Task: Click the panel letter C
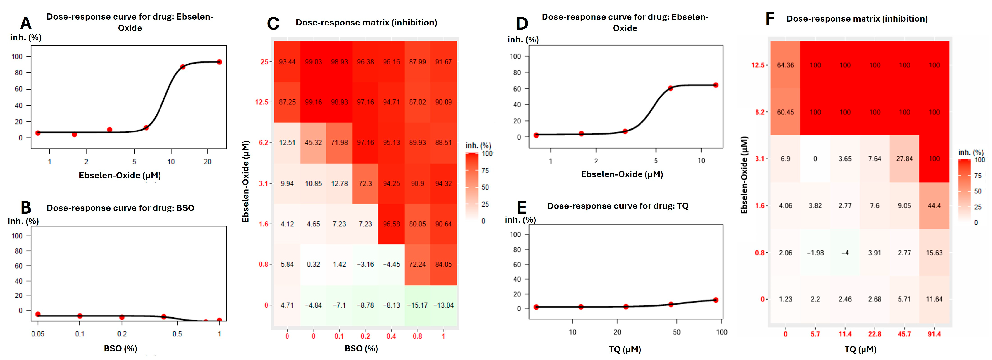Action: pos(273,24)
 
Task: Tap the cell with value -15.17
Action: pos(417,305)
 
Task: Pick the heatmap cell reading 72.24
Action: pos(417,264)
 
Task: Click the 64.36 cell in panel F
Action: pos(785,65)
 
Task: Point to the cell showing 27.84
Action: pos(904,159)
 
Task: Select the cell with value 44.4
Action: pos(934,206)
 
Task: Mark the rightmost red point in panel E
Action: pos(715,300)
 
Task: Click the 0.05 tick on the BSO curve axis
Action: pos(38,334)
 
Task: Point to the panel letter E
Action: pos(522,208)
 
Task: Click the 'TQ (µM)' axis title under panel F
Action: pos(860,349)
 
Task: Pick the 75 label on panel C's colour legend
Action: pos(485,170)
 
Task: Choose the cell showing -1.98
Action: pos(815,253)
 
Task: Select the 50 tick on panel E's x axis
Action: pos(677,332)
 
